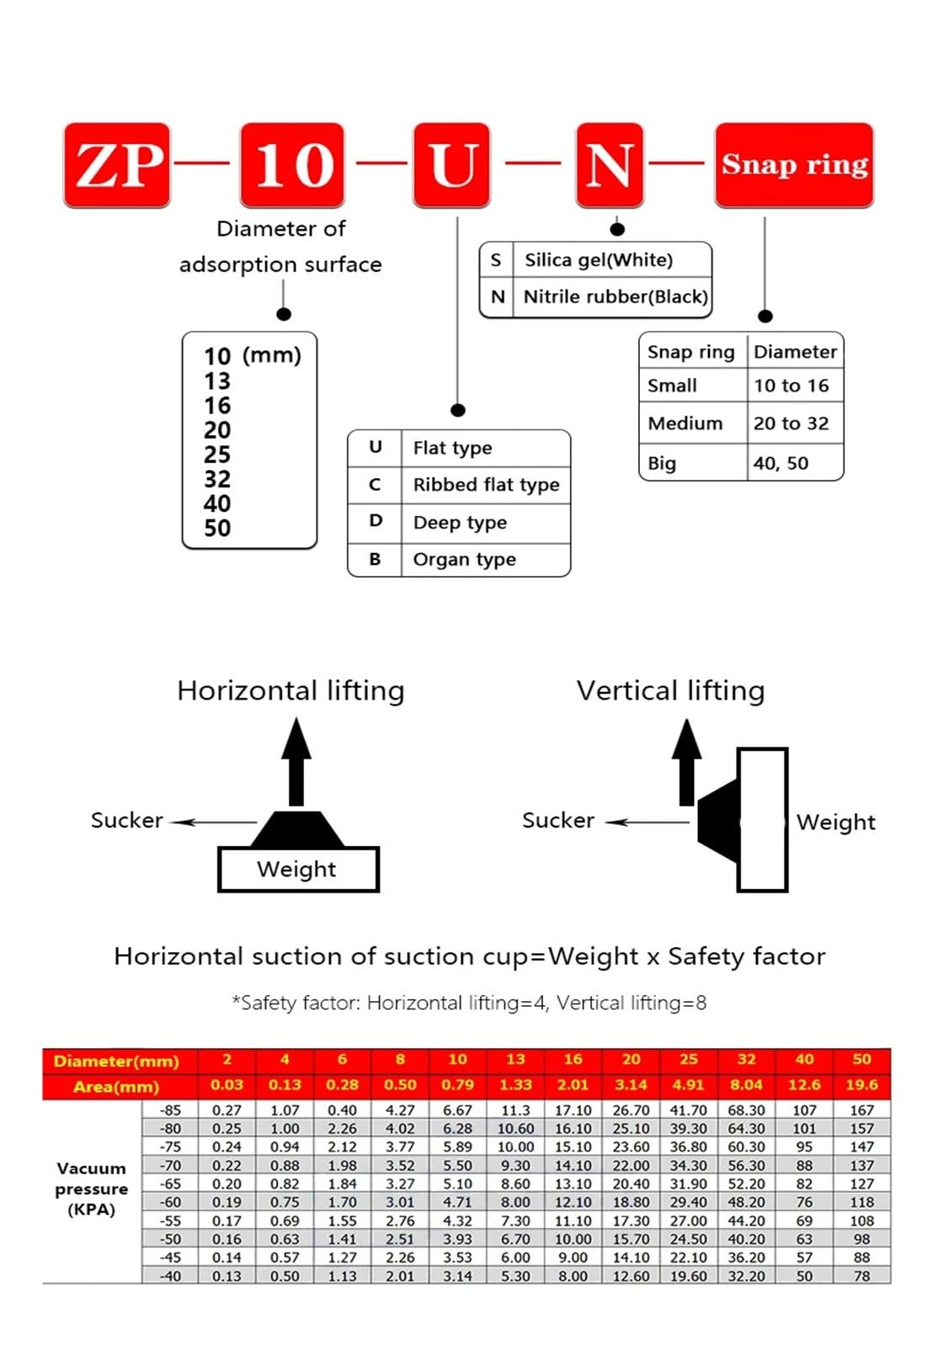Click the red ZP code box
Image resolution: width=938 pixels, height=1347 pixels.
(x=117, y=165)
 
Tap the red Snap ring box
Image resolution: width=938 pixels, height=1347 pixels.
(x=794, y=165)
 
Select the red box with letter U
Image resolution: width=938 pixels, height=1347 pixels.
(x=451, y=165)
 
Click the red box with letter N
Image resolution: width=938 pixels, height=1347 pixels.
(x=610, y=165)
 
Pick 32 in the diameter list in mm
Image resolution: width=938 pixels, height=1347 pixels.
(x=217, y=479)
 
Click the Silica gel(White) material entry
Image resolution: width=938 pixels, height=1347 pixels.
(x=599, y=260)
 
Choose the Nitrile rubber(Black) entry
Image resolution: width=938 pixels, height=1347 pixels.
(x=616, y=296)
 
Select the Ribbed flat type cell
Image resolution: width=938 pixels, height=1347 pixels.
(x=486, y=485)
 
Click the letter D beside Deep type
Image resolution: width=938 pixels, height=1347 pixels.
(x=376, y=521)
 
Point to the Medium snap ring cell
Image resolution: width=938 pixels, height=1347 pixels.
(x=685, y=423)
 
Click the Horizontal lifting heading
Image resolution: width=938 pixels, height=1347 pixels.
(x=290, y=690)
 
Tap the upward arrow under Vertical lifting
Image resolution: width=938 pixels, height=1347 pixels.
(x=687, y=762)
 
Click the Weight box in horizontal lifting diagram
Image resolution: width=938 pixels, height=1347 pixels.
(x=298, y=869)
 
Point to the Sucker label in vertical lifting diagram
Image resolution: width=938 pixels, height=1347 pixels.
(x=558, y=820)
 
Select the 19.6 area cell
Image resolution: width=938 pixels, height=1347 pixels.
(x=861, y=1085)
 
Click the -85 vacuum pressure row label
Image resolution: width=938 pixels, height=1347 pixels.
(x=170, y=1110)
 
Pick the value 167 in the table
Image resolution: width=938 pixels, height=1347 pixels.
(x=861, y=1110)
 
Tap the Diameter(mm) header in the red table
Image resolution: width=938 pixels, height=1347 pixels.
(x=116, y=1061)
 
